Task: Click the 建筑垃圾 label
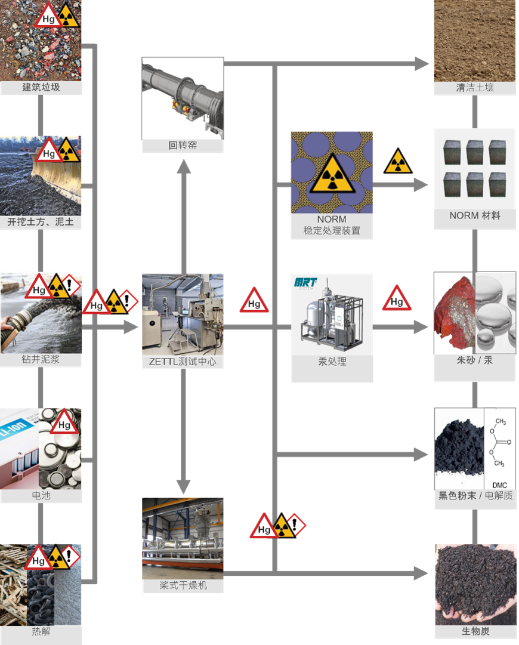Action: tap(41, 88)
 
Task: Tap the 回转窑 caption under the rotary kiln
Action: tap(183, 145)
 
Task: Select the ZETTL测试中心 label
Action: tap(183, 362)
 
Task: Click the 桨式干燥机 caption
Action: tap(183, 586)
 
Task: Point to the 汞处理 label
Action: tap(332, 362)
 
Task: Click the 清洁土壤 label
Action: tap(475, 88)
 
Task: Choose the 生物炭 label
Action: tap(475, 631)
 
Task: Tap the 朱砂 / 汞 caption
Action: tap(475, 360)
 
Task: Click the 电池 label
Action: tap(41, 495)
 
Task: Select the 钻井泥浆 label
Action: tap(41, 360)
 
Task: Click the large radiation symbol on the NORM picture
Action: tap(332, 172)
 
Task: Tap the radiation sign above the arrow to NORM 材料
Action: tap(397, 162)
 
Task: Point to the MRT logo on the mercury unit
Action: tap(305, 282)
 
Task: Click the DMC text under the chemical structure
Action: tap(500, 484)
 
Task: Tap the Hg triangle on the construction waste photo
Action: tap(48, 16)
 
